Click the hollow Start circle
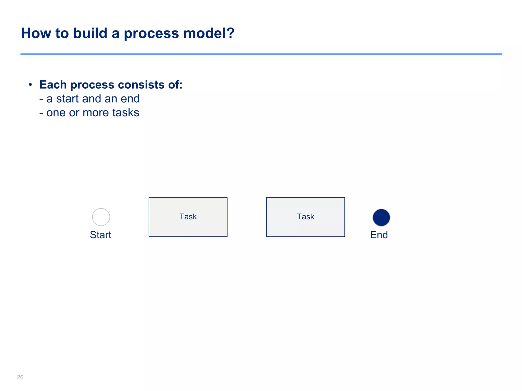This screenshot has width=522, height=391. tap(101, 217)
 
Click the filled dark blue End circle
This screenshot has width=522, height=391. tap(381, 218)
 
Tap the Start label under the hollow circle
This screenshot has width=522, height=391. tap(101, 235)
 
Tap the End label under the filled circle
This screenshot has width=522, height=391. tap(379, 235)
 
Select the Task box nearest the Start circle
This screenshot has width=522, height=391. tap(188, 217)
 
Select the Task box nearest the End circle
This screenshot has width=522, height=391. tap(305, 217)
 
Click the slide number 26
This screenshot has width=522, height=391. tap(20, 377)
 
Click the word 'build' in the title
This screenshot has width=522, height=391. tap(90, 33)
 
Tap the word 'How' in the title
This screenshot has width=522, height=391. tap(36, 33)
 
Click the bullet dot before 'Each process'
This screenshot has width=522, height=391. tap(30, 85)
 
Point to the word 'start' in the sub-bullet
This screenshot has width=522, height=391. tap(68, 99)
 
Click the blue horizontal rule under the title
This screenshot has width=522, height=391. tap(261, 54)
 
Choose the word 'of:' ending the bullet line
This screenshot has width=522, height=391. tap(175, 85)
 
